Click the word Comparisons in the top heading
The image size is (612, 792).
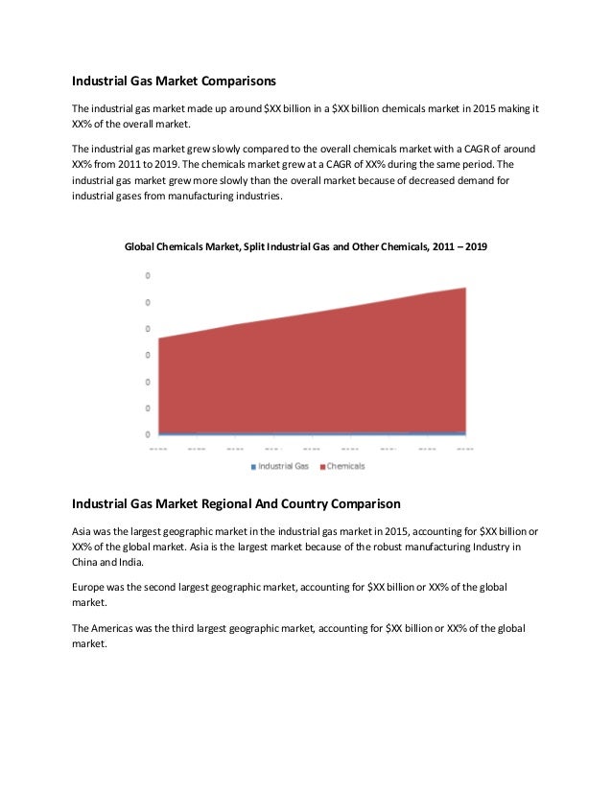pos(234,82)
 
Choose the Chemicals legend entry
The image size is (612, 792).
pos(346,466)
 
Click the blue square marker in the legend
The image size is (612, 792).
pos(253,467)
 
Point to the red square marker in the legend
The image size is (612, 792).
pos(322,467)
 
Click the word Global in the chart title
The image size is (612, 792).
pos(143,247)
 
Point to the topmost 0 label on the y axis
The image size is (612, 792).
pos(147,276)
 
